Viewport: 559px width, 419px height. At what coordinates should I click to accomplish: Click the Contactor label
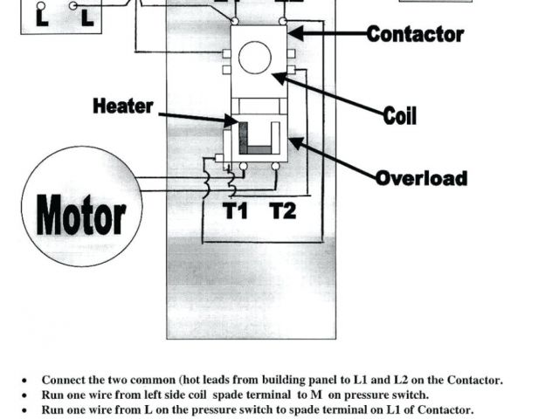pos(415,35)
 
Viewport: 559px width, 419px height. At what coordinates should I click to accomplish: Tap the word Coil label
pos(399,115)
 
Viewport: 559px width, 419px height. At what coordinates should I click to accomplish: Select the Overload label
pos(421,178)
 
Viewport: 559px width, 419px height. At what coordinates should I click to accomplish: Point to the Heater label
pos(123,106)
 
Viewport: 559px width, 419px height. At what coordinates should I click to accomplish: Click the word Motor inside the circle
pos(81,214)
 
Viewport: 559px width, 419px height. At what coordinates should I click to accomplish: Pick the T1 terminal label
pos(236,211)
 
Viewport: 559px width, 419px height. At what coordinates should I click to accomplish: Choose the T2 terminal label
pos(282,211)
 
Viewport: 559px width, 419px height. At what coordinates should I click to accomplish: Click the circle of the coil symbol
pos(256,58)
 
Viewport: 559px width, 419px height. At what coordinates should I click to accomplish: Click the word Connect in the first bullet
pos(62,381)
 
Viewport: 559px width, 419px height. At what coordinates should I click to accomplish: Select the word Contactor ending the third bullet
pos(444,409)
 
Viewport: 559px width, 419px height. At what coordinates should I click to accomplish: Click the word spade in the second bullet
pos(230,395)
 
